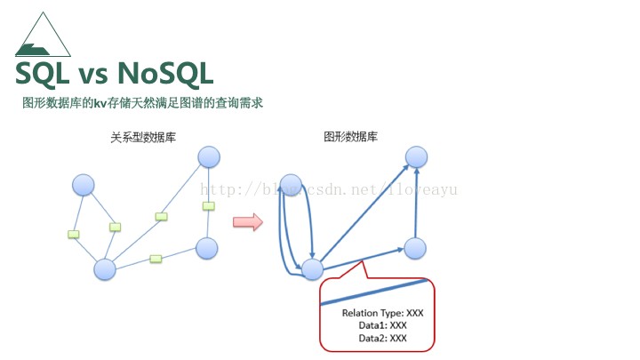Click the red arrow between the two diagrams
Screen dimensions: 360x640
248,221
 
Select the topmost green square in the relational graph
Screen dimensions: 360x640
209,205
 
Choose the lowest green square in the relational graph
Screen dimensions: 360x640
156,259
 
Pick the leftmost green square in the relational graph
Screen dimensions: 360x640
73,235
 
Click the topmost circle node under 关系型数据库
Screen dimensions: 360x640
209,157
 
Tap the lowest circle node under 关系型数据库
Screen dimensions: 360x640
105,268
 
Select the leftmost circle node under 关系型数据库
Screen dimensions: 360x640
83,185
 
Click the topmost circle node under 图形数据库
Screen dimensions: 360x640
417,157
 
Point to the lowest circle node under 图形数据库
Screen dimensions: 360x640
312,269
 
